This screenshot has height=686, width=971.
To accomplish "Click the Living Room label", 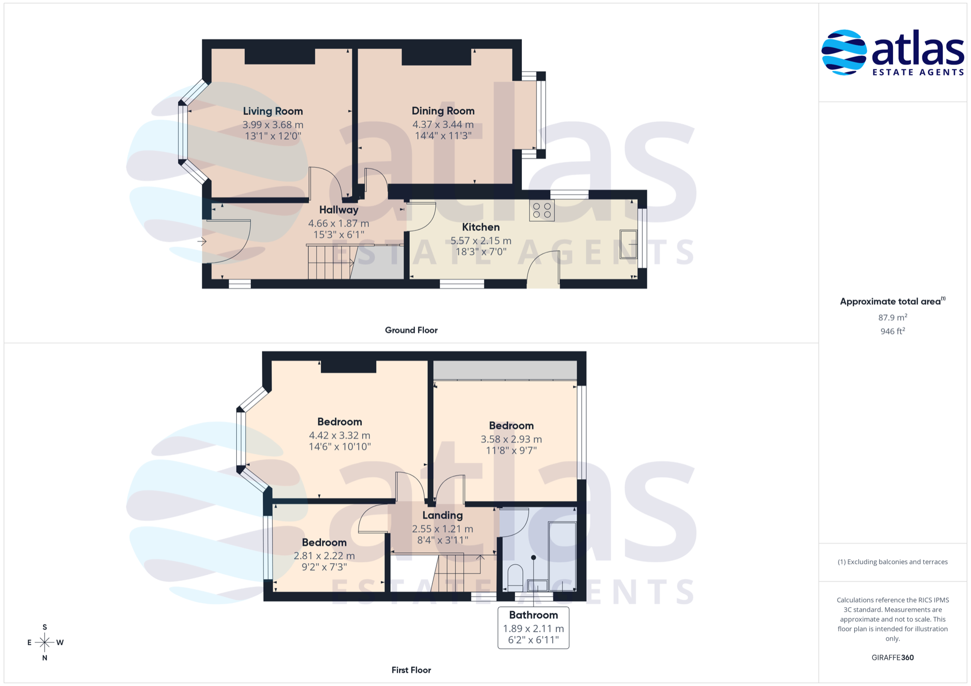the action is tap(273, 111).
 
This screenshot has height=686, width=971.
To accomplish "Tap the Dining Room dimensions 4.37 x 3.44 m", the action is tap(443, 124).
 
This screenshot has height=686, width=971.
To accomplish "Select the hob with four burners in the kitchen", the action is tap(542, 211).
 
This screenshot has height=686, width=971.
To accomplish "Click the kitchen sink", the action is tap(629, 244).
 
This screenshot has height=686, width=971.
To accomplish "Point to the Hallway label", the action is tap(339, 210).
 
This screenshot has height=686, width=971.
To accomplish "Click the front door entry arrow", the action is tap(202, 241).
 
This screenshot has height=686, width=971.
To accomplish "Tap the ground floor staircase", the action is tap(330, 262).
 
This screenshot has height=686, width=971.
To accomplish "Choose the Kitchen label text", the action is tap(480, 227).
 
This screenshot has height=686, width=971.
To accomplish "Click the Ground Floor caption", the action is tap(411, 330).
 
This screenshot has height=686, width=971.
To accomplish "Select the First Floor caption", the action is tap(411, 670).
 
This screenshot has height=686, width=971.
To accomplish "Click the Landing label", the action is tap(443, 515).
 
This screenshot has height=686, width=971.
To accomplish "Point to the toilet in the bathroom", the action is tap(515, 577).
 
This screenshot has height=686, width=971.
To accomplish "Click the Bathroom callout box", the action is tap(534, 627).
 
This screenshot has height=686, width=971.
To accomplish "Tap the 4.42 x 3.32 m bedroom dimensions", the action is tap(339, 435).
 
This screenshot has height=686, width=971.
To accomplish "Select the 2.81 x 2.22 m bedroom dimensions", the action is tap(324, 556).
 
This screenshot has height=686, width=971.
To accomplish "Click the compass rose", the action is tap(45, 643).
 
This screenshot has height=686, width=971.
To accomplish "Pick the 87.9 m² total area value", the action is tap(893, 317).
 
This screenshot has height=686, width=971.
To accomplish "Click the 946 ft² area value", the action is tap(893, 331).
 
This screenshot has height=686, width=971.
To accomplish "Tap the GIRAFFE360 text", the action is tap(893, 657).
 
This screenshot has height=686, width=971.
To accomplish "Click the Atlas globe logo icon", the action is tap(844, 53).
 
